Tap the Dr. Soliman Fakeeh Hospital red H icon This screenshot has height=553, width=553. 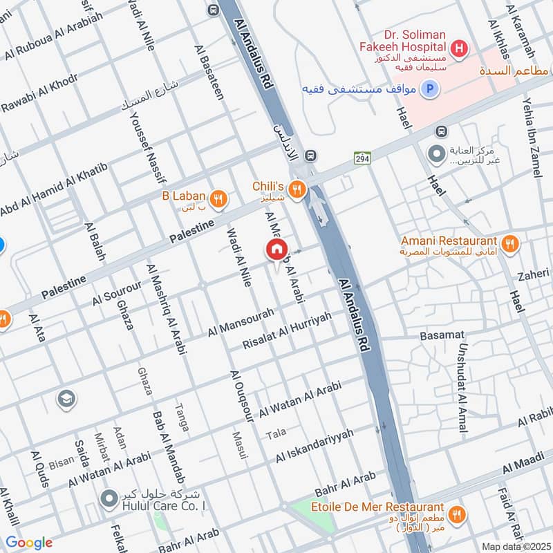[458, 49]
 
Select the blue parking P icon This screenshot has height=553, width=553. [430, 89]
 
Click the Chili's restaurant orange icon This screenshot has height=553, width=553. [298, 189]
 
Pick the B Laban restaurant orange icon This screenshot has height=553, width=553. [218, 199]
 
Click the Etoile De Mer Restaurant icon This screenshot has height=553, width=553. [456, 513]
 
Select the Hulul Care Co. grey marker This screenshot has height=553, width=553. [108, 498]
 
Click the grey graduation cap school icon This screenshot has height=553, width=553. [66, 399]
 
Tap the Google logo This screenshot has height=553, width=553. [29, 543]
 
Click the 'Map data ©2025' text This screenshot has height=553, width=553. [515, 546]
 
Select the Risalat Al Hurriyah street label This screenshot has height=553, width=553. [288, 330]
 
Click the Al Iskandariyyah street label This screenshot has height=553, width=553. [315, 446]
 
